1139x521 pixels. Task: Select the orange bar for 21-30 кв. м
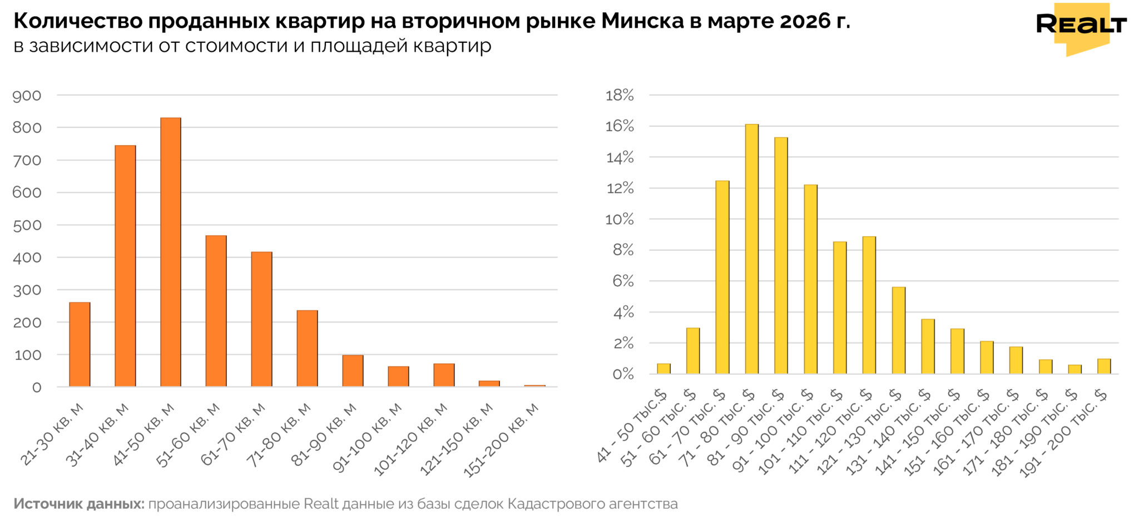80,344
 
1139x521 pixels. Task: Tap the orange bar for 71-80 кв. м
306,348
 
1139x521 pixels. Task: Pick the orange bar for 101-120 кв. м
443,375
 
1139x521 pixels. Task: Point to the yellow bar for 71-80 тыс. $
751,249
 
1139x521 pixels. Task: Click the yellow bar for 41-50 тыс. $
663,369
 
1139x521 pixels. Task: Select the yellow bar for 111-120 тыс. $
869,305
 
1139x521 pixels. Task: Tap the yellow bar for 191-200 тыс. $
1103,366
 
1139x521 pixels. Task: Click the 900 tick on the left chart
27,96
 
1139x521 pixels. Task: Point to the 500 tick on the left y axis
27,226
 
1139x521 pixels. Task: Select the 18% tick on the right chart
620,96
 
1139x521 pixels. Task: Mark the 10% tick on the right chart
620,220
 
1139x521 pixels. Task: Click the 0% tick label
622,374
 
